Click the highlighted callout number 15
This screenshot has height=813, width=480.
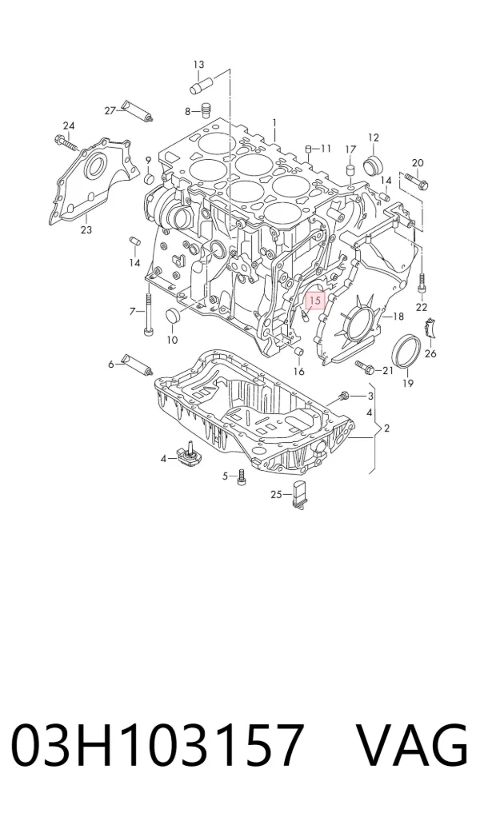315,301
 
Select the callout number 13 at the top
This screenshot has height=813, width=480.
198,65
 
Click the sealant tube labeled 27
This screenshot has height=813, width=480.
137,110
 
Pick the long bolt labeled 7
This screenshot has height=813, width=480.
150,313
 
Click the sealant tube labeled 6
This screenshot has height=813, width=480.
137,365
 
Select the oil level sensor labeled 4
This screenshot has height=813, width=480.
187,454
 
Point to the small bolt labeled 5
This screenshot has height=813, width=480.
240,476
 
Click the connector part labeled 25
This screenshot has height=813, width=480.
300,494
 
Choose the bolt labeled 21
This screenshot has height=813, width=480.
366,368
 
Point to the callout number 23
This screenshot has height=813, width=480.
86,229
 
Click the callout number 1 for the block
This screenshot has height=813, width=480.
274,123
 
